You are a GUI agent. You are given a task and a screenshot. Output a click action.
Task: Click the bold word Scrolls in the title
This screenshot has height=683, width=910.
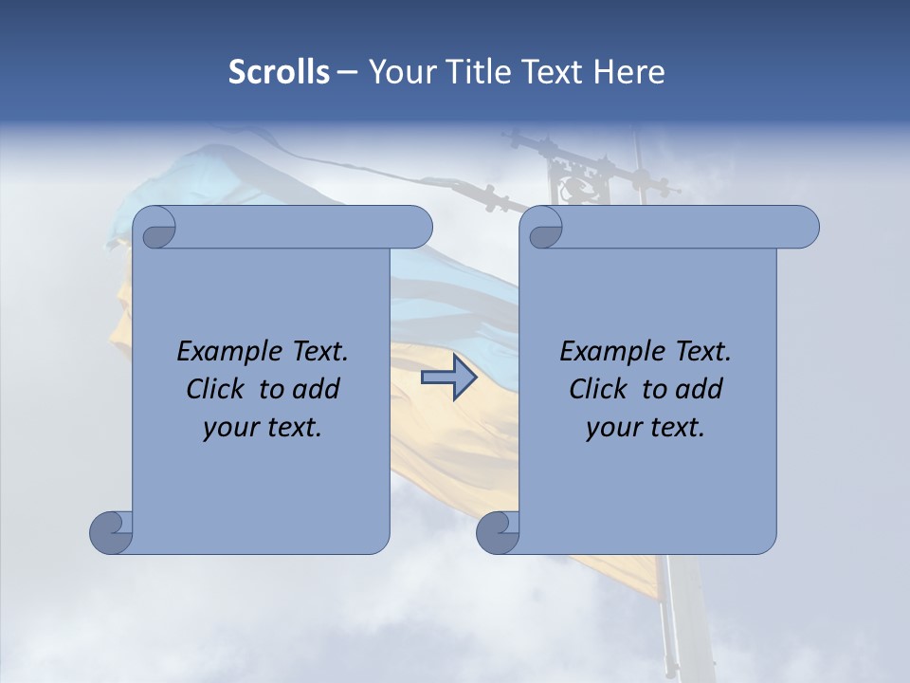pyautogui.click(x=280, y=72)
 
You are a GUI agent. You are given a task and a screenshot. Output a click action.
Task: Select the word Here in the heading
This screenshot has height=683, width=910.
pyautogui.click(x=628, y=72)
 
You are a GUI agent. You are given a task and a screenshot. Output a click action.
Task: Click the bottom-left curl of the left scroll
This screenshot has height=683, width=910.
pyautogui.click(x=112, y=531)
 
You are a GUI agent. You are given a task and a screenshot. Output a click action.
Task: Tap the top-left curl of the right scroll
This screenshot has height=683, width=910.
pyautogui.click(x=543, y=229)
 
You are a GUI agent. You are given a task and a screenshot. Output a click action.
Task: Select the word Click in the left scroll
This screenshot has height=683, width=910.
pyautogui.click(x=213, y=389)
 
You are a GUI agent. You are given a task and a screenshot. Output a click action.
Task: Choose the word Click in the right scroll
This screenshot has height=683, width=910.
pyautogui.click(x=596, y=389)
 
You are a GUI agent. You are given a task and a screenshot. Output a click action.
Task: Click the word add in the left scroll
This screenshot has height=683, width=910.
pyautogui.click(x=316, y=389)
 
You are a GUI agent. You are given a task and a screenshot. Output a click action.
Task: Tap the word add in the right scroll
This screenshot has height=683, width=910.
pyautogui.click(x=699, y=389)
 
